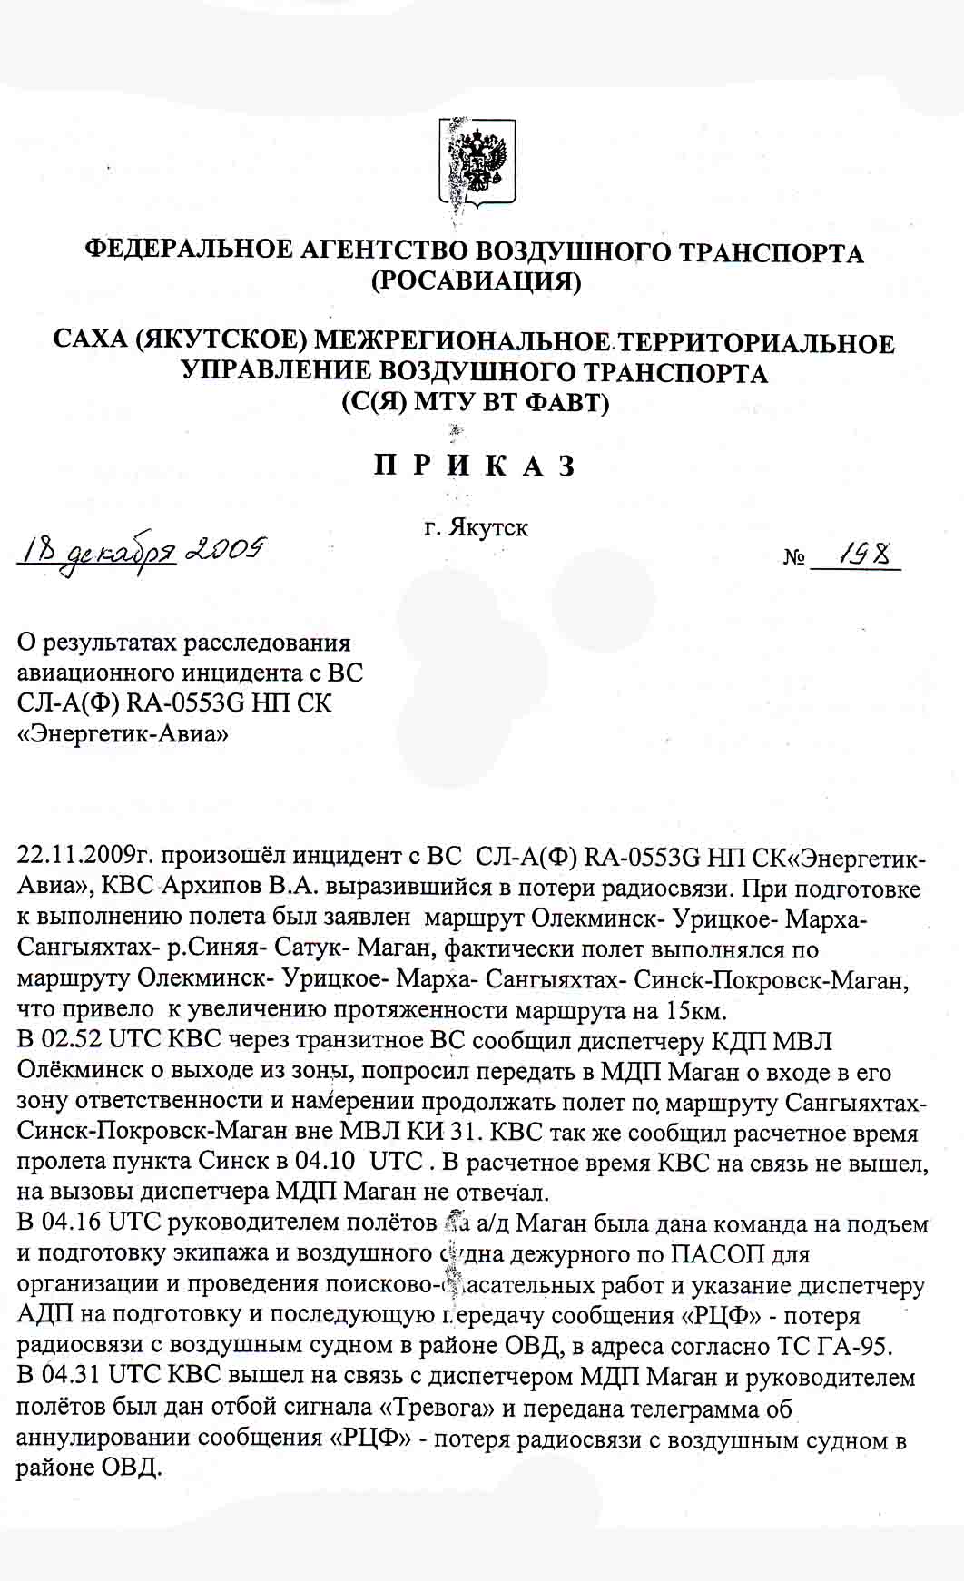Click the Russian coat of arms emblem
[x=478, y=161]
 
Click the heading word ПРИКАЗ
[x=475, y=466]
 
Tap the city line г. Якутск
[x=477, y=527]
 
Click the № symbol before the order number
[x=794, y=556]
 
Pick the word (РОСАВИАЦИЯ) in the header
[x=477, y=281]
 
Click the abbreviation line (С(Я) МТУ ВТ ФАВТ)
[x=475, y=402]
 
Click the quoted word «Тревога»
[x=430, y=1408]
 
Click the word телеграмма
[x=680, y=1408]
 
